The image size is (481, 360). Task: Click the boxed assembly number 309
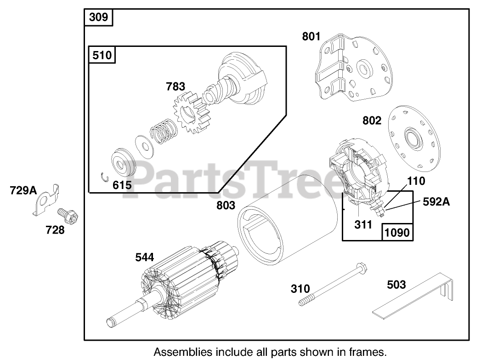(x=98, y=17)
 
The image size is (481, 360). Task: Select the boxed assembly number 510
(x=102, y=55)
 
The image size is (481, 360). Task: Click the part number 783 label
(x=175, y=86)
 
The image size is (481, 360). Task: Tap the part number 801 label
(x=311, y=35)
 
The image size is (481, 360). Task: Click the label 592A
(x=436, y=201)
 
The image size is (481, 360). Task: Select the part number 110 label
(x=416, y=181)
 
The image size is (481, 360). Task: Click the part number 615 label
(x=122, y=185)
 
